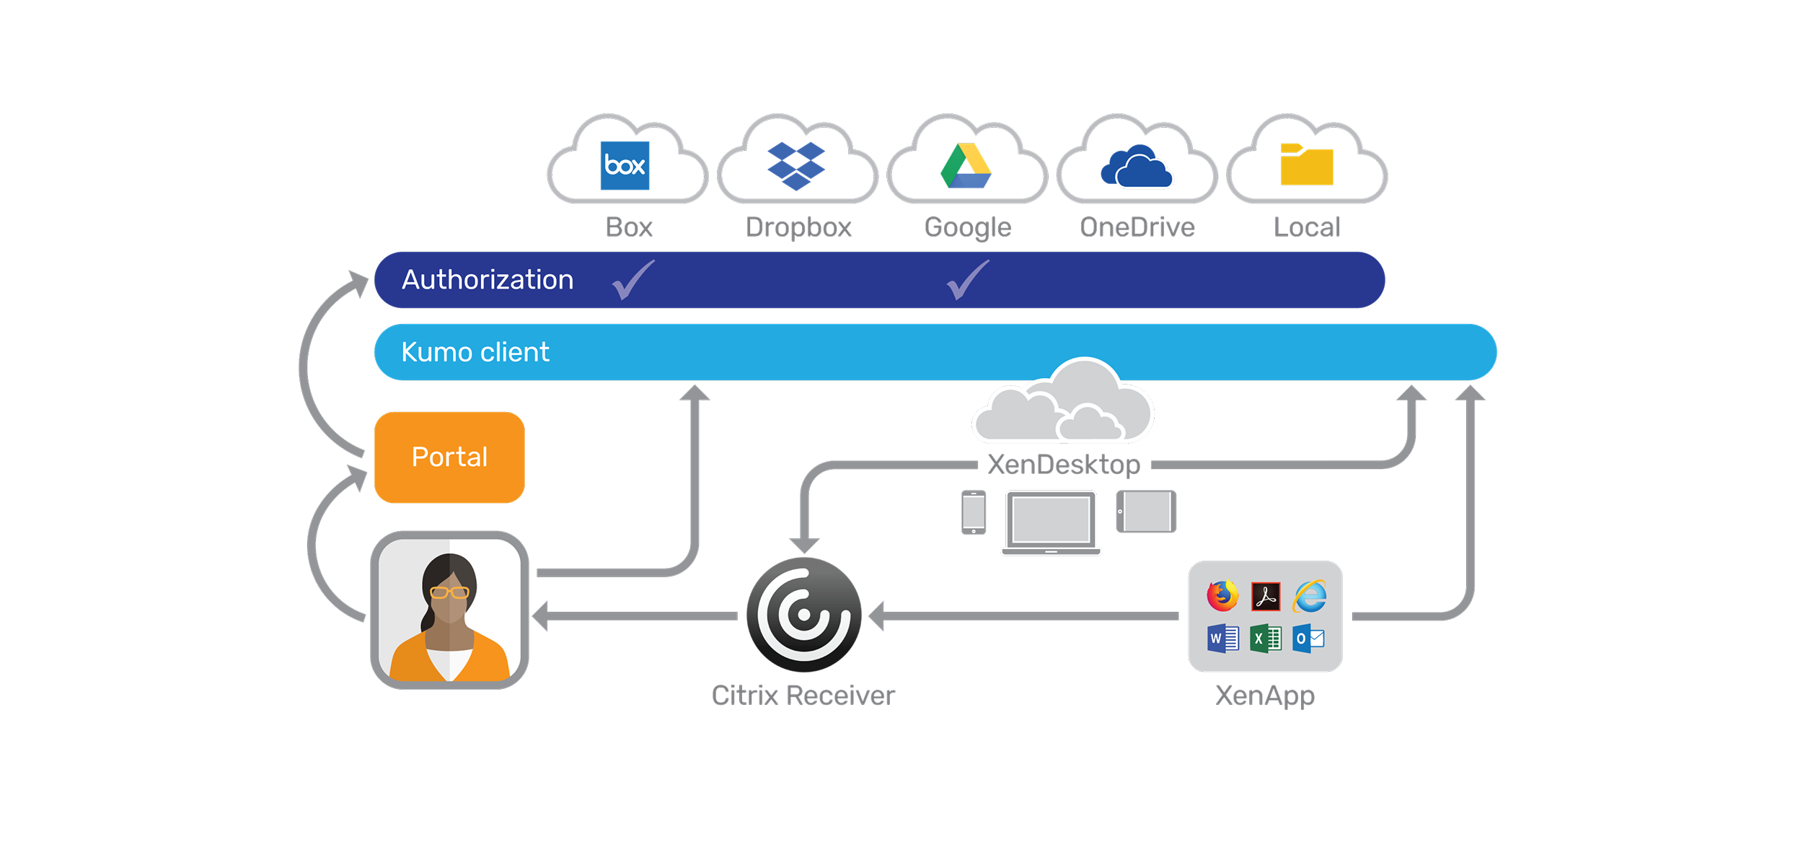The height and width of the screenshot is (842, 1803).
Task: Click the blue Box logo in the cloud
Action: (x=625, y=165)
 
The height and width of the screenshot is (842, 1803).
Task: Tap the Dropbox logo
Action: (x=795, y=166)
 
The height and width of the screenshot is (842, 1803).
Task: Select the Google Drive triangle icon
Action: (x=966, y=165)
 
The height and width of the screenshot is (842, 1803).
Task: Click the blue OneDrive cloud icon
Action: (x=1136, y=165)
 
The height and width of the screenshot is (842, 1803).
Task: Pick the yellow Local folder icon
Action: (x=1306, y=164)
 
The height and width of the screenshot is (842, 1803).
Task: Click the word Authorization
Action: (x=488, y=280)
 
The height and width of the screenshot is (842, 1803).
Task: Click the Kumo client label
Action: (x=475, y=352)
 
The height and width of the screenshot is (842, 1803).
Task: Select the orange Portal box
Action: (x=449, y=457)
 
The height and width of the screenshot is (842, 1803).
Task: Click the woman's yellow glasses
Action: (x=449, y=592)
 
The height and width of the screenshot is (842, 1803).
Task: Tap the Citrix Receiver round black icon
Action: (x=803, y=615)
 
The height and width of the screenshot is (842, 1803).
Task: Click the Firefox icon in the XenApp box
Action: (x=1222, y=595)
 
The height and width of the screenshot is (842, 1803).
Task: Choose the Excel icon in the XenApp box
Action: (x=1266, y=639)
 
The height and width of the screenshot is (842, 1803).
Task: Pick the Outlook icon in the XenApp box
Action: (x=1308, y=639)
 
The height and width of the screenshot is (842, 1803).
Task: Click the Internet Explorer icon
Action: (x=1310, y=596)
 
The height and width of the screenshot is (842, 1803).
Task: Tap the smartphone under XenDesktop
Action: (x=974, y=512)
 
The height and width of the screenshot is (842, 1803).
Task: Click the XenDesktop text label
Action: (x=1064, y=465)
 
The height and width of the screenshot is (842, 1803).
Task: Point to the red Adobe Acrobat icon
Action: (x=1266, y=596)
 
